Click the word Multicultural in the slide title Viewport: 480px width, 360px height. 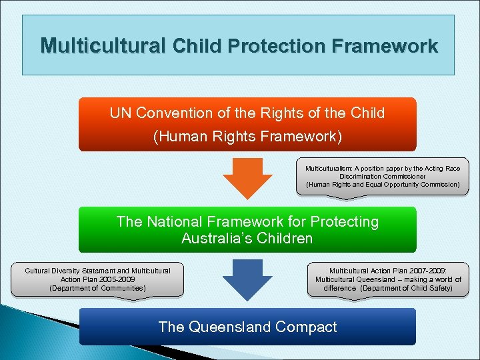pyautogui.click(x=103, y=46)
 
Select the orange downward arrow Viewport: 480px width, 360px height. pyautogui.click(x=247, y=177)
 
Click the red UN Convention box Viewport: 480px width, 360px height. pyautogui.click(x=247, y=125)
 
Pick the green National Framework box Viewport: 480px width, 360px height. pyautogui.click(x=247, y=229)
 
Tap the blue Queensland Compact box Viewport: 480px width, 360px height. pyautogui.click(x=247, y=327)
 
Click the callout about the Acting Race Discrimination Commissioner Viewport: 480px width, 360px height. pyautogui.click(x=382, y=177)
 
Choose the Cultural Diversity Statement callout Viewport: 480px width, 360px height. pyautogui.click(x=97, y=279)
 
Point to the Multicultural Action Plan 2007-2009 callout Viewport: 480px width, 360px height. pyautogui.click(x=388, y=279)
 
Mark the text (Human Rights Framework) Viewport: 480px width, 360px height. pyautogui.click(x=247, y=137)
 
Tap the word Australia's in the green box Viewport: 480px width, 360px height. pyautogui.click(x=214, y=238)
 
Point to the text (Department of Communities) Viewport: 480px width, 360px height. pyautogui.click(x=97, y=288)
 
